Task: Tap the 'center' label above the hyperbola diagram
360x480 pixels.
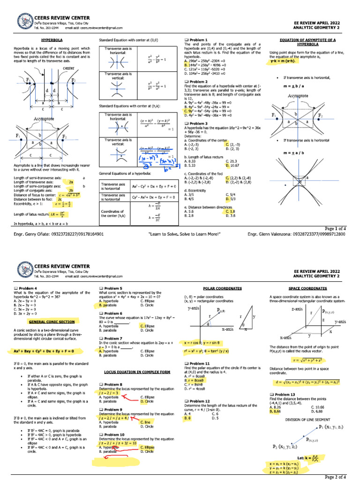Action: click(68, 68)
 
